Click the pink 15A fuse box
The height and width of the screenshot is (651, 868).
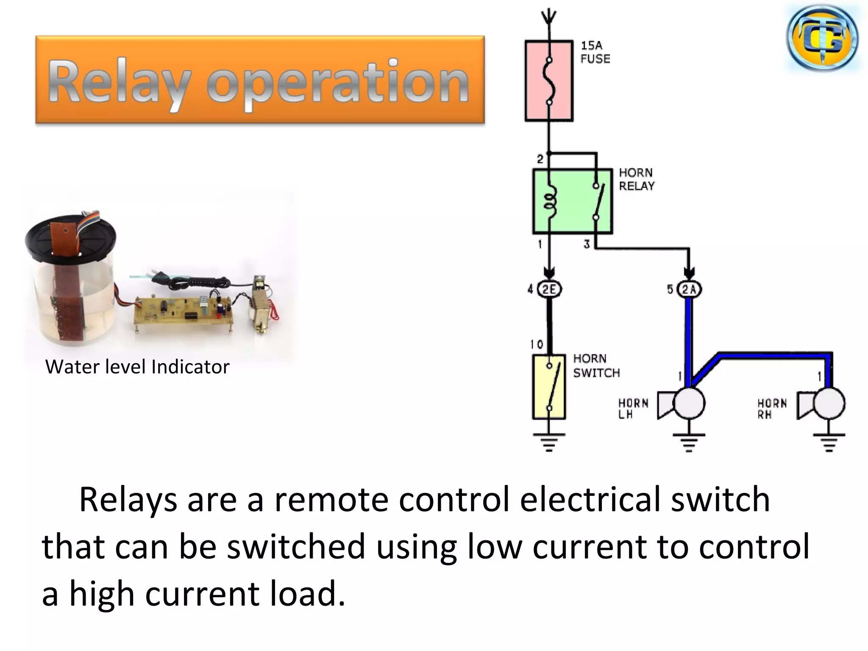tap(548, 81)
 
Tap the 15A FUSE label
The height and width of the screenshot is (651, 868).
tap(595, 52)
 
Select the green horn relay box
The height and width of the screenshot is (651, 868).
tap(572, 201)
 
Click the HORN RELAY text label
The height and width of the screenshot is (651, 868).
tap(636, 179)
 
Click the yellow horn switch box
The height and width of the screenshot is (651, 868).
tap(549, 387)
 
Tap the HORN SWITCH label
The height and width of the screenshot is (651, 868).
tap(596, 365)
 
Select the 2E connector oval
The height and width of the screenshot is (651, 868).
tap(549, 289)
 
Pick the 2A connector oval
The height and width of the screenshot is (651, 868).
tap(689, 289)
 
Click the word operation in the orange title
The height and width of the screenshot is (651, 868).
tap(337, 83)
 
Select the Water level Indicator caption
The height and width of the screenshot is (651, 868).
tap(137, 367)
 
